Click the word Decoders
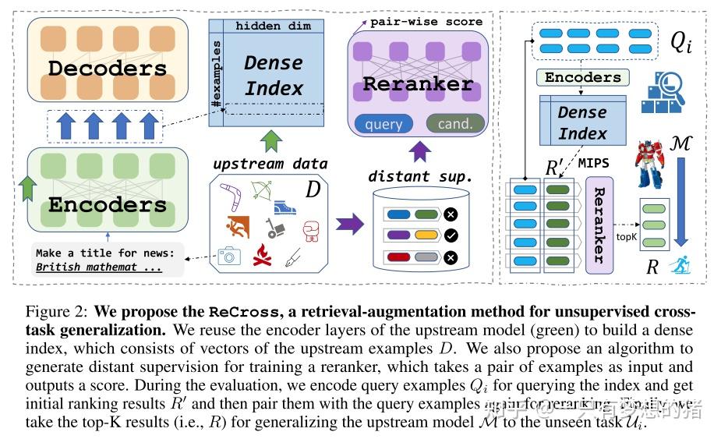click(108, 68)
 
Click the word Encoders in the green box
click(108, 205)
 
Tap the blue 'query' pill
click(383, 124)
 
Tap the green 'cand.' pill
click(454, 124)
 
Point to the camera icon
click(229, 256)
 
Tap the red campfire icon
click(263, 256)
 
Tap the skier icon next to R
click(681, 267)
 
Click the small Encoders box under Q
click(583, 77)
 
